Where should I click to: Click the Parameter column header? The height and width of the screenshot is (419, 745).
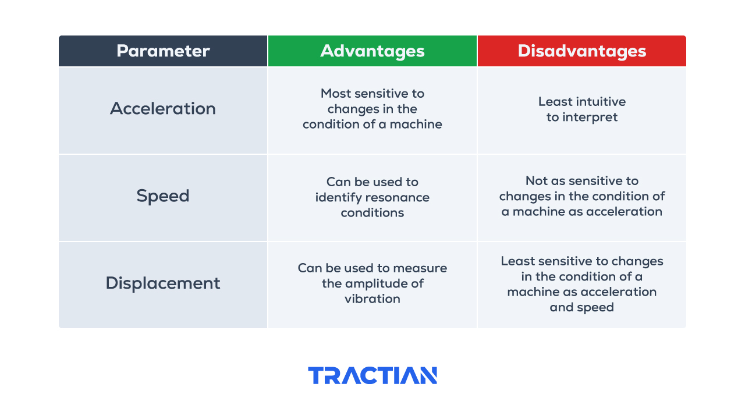[x=163, y=51]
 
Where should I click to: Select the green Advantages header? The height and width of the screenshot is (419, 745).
[x=372, y=51]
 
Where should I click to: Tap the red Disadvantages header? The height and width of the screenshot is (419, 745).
[x=581, y=51]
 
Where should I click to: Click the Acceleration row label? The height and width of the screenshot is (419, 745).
[x=163, y=108]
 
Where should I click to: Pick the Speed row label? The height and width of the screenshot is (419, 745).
[x=163, y=196]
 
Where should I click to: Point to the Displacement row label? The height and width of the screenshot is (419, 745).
[x=163, y=283]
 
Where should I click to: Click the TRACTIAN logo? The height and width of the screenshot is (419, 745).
[x=372, y=375]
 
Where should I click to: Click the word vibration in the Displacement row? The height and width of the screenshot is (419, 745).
[x=372, y=299]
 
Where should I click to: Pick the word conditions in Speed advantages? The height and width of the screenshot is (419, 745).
[x=372, y=213]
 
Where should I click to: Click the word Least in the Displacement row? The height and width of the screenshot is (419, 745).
[x=518, y=261]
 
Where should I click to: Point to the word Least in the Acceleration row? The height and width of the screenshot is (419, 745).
[x=555, y=102]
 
